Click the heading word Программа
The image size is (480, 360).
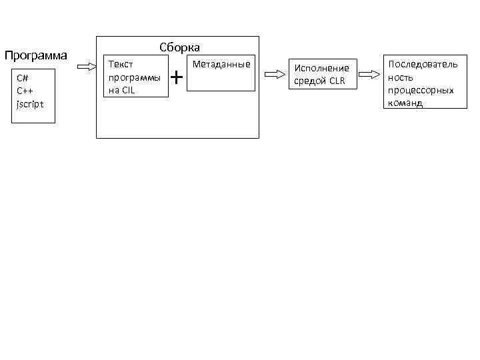click(36, 54)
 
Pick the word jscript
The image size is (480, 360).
click(31, 103)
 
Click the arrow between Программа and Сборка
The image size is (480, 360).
click(87, 66)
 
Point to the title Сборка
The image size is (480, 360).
click(179, 47)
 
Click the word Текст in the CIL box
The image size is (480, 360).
click(121, 65)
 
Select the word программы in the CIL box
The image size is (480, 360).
click(133, 77)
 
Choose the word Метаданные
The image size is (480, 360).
click(221, 65)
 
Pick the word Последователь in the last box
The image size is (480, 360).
click(423, 65)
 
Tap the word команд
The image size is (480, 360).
click(405, 103)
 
